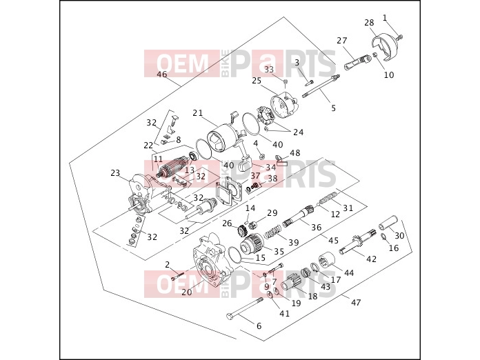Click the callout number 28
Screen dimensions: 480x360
[x=369, y=23]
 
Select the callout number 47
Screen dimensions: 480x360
[x=356, y=303]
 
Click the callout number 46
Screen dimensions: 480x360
[x=162, y=74]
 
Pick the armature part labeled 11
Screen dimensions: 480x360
[x=172, y=170]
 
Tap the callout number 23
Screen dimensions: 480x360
[x=115, y=173]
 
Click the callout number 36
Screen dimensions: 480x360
[x=317, y=227]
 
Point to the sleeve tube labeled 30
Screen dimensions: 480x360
[x=388, y=222]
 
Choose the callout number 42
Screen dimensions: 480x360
[x=371, y=259]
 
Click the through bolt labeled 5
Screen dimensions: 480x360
[x=321, y=87]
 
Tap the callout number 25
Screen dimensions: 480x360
[x=257, y=81]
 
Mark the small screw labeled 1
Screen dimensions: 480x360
[x=399, y=37]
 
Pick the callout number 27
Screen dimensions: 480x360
[x=342, y=41]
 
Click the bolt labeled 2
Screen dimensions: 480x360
[x=178, y=276]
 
